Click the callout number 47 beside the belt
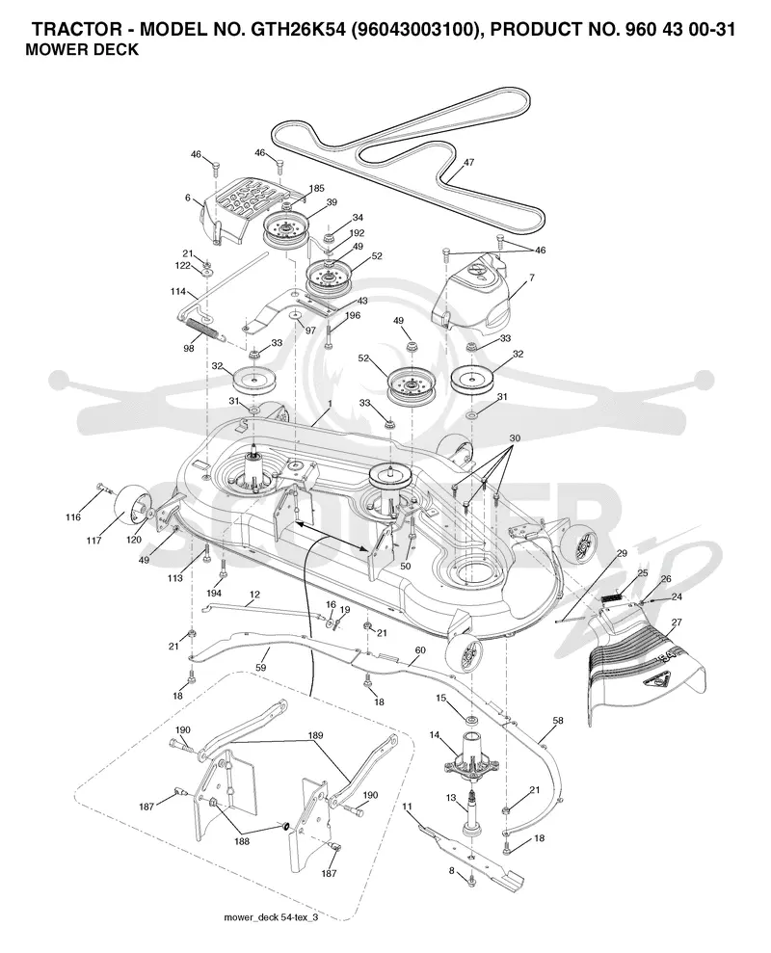468,162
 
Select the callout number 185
316,189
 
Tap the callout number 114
177,292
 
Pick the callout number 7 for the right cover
532,278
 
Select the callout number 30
515,438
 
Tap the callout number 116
73,517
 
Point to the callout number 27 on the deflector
677,622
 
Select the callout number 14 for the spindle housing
434,735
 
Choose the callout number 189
315,735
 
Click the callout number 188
242,842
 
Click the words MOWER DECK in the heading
82,50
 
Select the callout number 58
557,720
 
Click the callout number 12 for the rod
254,594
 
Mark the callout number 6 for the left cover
188,198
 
